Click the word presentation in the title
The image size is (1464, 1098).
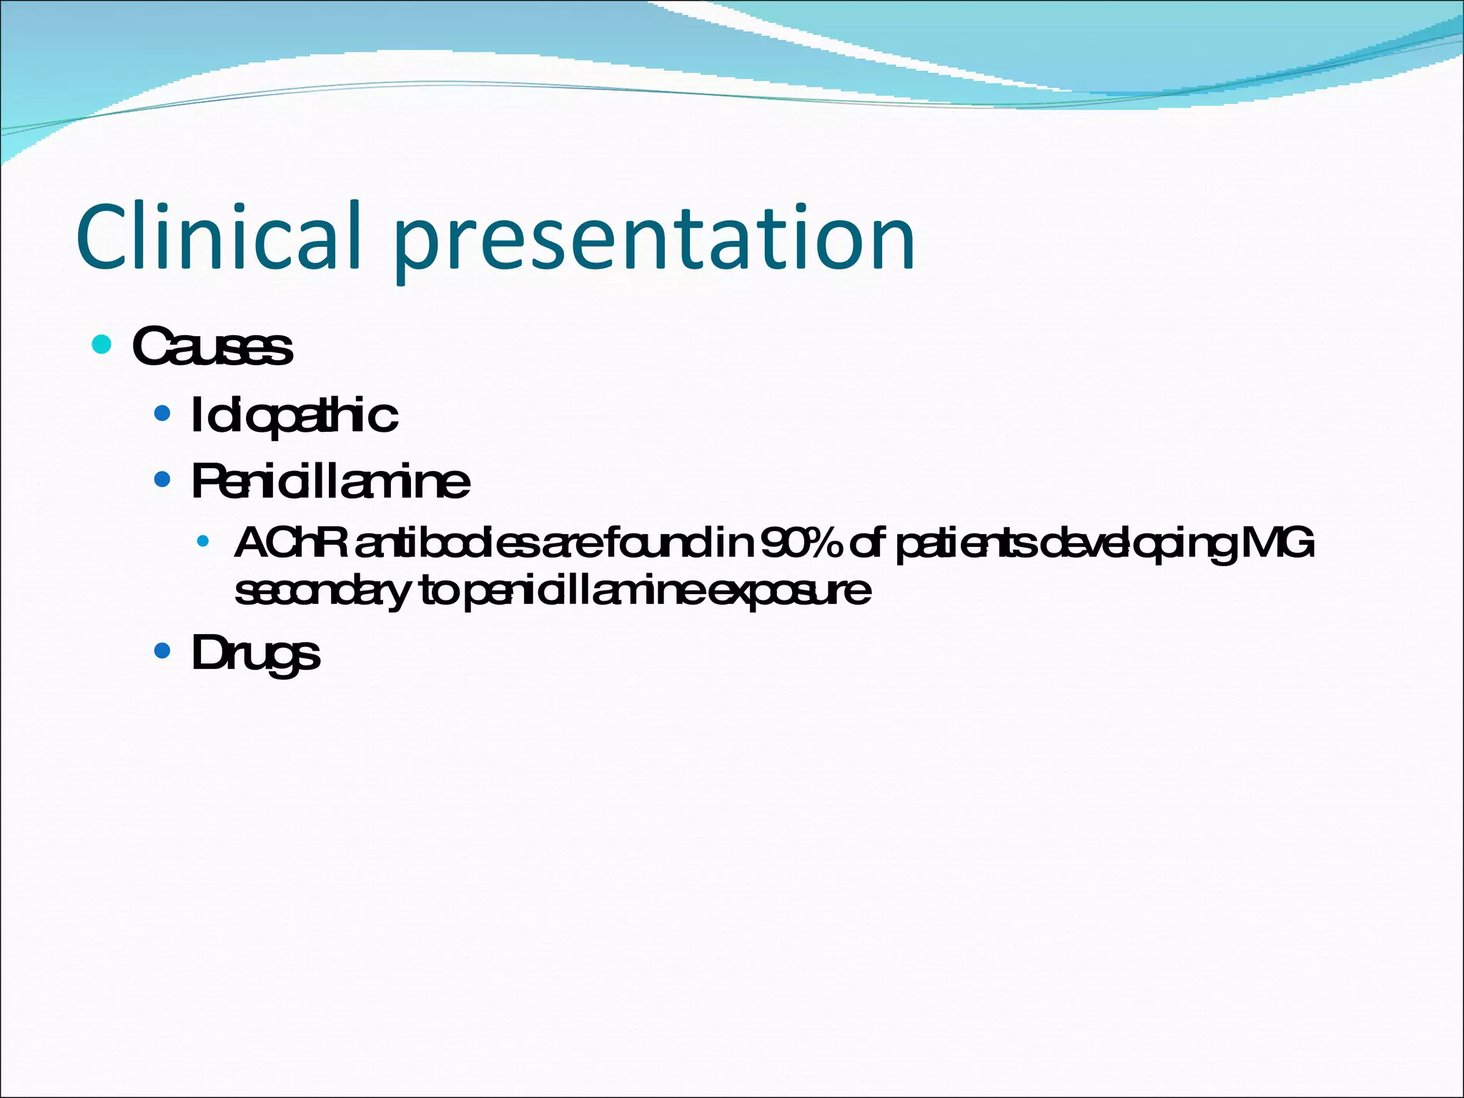(x=653, y=239)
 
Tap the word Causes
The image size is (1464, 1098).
(x=212, y=347)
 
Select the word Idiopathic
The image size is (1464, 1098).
(x=294, y=416)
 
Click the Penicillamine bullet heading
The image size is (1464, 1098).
(x=330, y=481)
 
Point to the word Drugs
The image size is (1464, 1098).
(x=255, y=653)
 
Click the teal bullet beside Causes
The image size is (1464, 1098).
(x=102, y=345)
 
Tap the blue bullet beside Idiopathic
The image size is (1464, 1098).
(x=162, y=413)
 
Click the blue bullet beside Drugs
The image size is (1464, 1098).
(x=162, y=651)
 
